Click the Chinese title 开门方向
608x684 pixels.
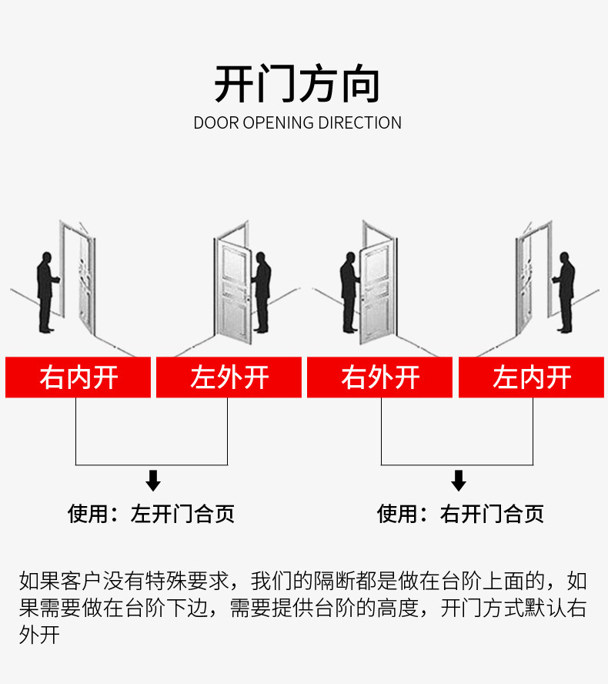[297, 84]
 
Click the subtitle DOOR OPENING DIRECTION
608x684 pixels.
[297, 123]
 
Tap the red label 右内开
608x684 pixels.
[78, 377]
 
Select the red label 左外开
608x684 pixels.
[229, 377]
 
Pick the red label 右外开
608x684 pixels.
[379, 377]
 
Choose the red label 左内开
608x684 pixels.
[531, 377]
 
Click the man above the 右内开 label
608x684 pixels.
[47, 293]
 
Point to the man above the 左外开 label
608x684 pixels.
[261, 293]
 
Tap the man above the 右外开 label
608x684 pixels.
[349, 293]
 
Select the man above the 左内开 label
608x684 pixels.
[565, 293]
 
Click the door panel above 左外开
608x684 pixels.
[234, 291]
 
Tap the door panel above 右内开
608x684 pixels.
[87, 283]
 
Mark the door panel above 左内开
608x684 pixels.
[524, 283]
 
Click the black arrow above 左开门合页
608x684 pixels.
[153, 481]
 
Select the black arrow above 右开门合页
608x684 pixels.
[459, 481]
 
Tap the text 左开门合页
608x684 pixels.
[182, 514]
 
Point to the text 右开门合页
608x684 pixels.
[492, 514]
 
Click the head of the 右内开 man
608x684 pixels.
[47, 257]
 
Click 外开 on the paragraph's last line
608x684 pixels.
[39, 635]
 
